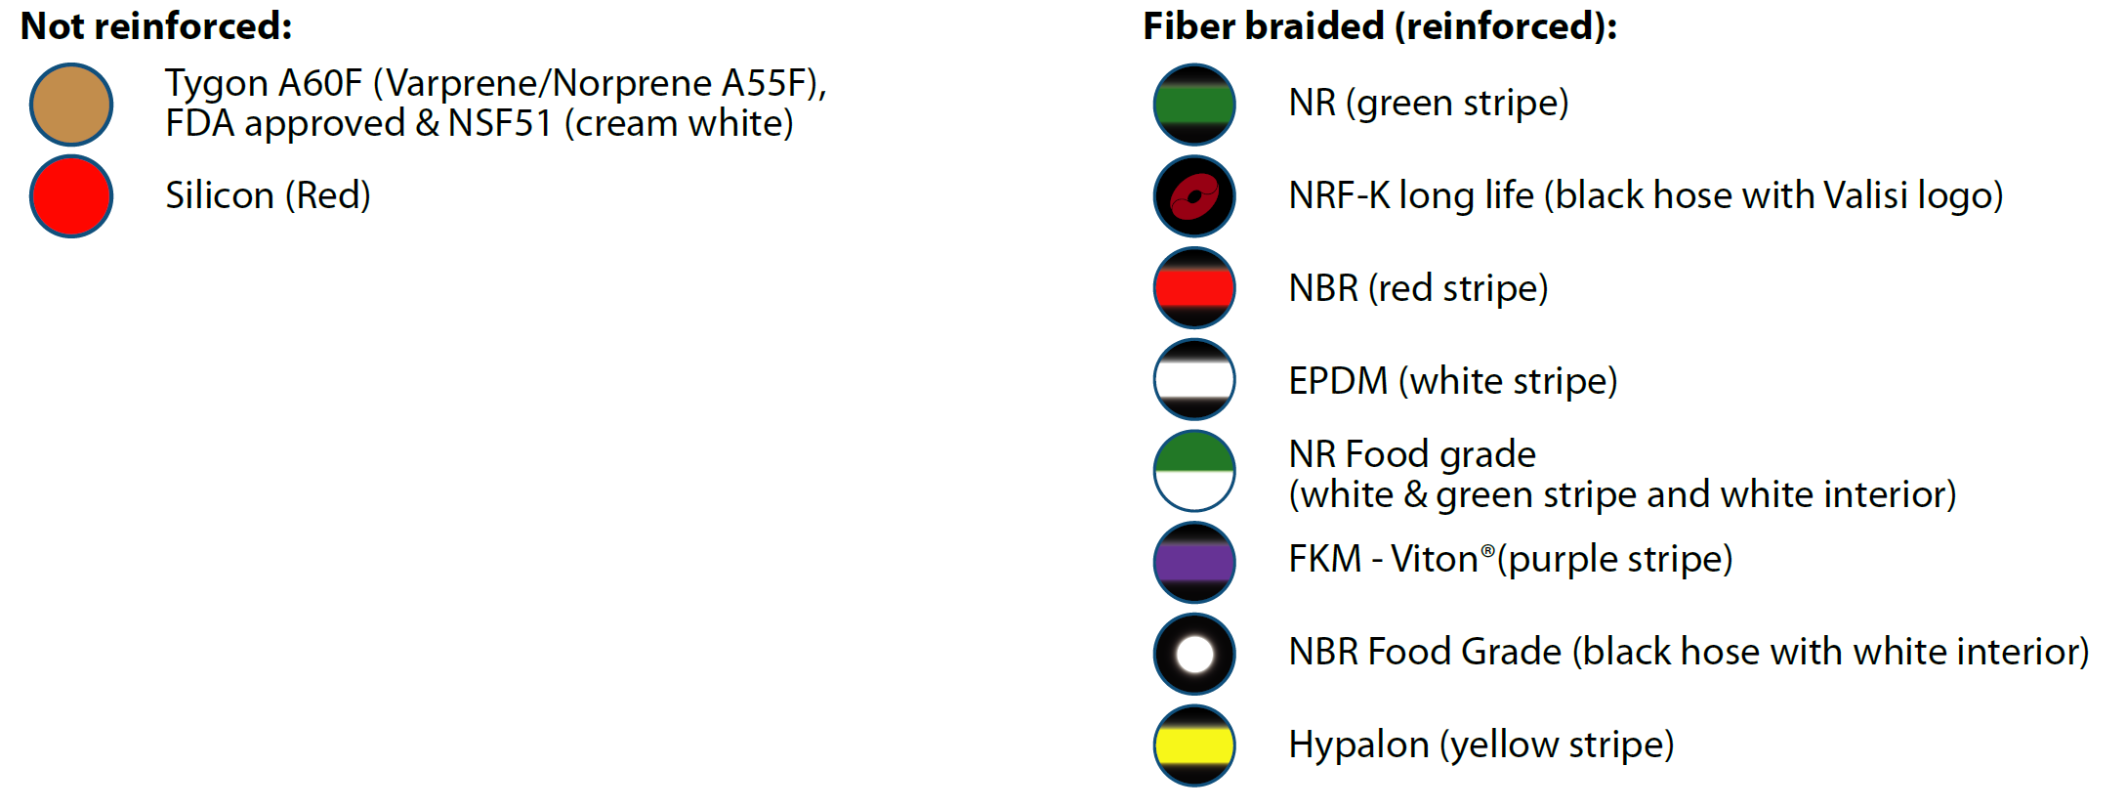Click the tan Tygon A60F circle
tap(71, 105)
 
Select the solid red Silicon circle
tap(71, 196)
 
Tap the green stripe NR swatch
tap(1194, 105)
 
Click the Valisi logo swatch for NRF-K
tap(1194, 196)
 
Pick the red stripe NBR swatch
tap(1194, 288)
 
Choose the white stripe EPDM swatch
tap(1194, 379)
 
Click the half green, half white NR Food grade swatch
tap(1194, 471)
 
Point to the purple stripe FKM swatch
tap(1194, 563)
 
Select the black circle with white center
tap(1194, 654)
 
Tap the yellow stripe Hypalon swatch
tap(1194, 745)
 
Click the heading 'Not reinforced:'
tap(156, 26)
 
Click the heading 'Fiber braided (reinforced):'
tap(1380, 26)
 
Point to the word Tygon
tap(216, 85)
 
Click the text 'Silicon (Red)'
tap(268, 195)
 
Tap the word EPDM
tap(1338, 380)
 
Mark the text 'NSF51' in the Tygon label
tap(500, 124)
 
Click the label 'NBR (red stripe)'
tap(1418, 288)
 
